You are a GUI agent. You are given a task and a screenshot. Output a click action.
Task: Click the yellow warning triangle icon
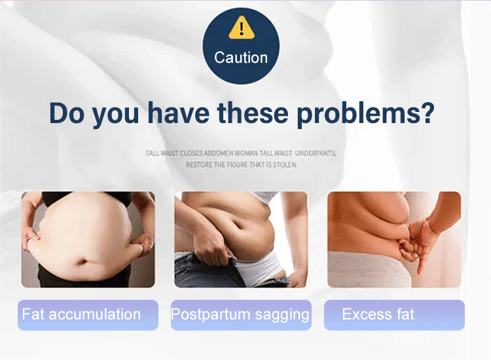(241, 27)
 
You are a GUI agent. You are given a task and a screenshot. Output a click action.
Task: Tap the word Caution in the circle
(241, 58)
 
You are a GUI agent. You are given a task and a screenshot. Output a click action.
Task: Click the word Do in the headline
(67, 113)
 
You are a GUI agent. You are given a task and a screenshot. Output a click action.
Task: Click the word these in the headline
(253, 113)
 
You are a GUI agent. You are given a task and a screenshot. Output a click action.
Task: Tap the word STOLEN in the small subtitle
(285, 165)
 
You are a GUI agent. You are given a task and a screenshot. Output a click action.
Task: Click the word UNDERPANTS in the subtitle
(316, 153)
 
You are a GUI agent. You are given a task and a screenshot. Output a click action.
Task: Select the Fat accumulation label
(88, 315)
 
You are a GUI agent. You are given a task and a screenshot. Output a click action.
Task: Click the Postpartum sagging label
(241, 315)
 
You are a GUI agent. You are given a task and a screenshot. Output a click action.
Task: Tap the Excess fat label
(394, 315)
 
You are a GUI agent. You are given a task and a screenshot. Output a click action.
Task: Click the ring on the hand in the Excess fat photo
(415, 255)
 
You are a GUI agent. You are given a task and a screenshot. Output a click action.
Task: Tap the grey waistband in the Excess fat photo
(368, 269)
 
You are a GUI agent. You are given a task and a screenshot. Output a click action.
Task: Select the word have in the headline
(179, 113)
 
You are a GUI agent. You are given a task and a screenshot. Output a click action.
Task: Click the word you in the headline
(115, 115)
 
